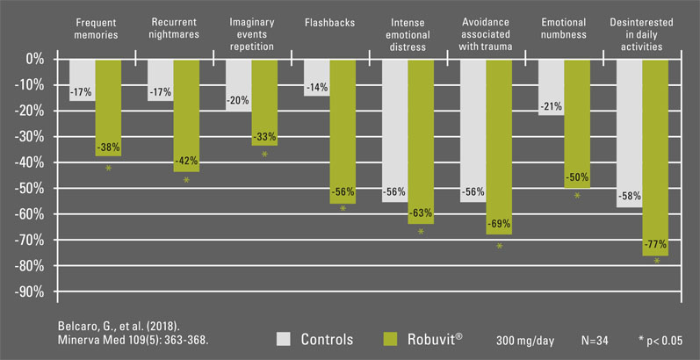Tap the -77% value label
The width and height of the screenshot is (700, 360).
(655, 244)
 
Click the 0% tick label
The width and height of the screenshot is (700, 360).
(35, 58)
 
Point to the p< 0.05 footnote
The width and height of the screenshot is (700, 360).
(666, 339)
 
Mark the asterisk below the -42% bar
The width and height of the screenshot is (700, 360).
(186, 181)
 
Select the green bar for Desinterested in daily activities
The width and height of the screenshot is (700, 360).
(655, 149)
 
